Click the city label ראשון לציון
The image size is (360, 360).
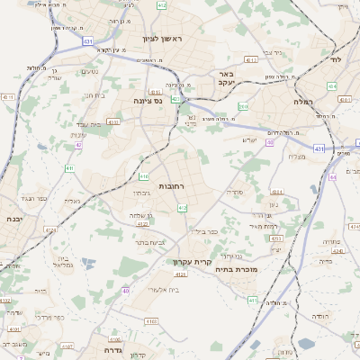(162, 39)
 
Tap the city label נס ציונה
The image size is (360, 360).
(148, 101)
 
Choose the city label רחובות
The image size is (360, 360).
(172, 185)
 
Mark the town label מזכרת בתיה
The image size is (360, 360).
(239, 268)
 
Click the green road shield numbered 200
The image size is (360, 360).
(243, 106)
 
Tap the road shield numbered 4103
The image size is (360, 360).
(150, 320)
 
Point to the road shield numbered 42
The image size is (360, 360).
(79, 144)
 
